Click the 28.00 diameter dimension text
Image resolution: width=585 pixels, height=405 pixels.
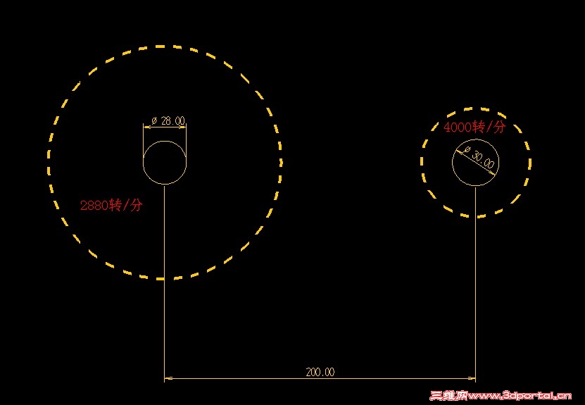pyautogui.click(x=172, y=121)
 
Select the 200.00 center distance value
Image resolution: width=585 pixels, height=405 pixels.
pyautogui.click(x=320, y=372)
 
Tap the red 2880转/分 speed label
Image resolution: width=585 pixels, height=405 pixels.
pyautogui.click(x=111, y=205)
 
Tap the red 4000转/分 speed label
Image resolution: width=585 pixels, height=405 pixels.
pyautogui.click(x=474, y=127)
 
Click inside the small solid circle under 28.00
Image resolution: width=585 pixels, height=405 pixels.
pyautogui.click(x=165, y=163)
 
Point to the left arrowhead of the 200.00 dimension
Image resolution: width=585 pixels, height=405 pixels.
pyautogui.click(x=168, y=378)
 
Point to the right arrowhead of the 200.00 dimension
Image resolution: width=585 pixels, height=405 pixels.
pyautogui.click(x=472, y=378)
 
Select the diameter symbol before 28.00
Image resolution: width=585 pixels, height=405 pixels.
pyautogui.click(x=154, y=121)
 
